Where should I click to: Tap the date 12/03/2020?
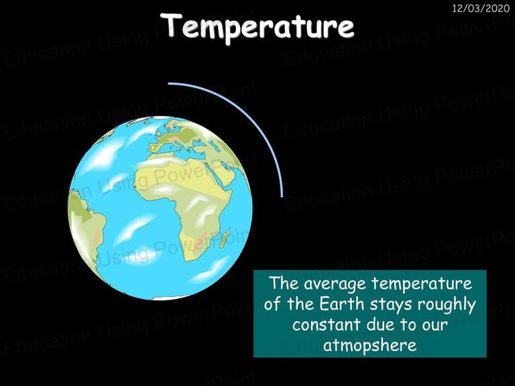pyautogui.click(x=481, y=8)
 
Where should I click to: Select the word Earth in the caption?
pyautogui.click(x=342, y=304)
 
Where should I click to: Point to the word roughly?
pyautogui.click(x=447, y=306)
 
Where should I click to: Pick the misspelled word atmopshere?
pyautogui.click(x=370, y=346)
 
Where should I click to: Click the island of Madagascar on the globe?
pyautogui.click(x=225, y=238)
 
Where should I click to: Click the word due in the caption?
pyautogui.click(x=381, y=324)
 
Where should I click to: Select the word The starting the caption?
pyautogui.click(x=284, y=283)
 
